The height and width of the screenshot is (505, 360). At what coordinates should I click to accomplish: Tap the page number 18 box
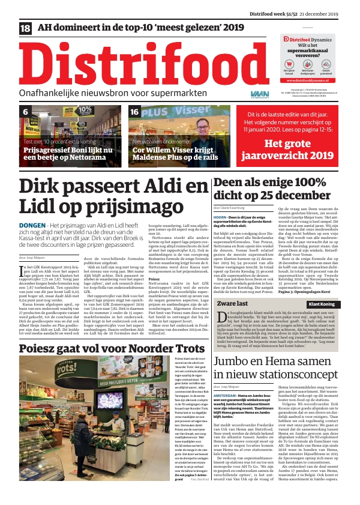click(x=26, y=28)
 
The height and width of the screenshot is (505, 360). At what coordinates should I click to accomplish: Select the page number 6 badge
click(x=26, y=112)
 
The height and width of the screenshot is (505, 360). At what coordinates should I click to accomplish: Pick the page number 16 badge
click(x=135, y=112)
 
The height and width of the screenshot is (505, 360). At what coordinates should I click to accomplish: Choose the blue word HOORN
click(x=220, y=216)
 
